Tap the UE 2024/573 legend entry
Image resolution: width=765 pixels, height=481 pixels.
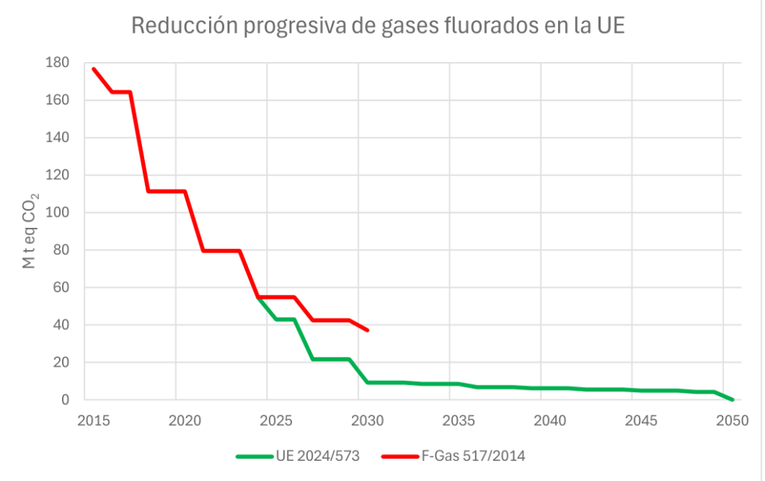coord(317,456)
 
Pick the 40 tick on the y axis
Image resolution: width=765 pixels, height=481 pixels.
coord(62,325)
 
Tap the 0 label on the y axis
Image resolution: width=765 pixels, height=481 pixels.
coord(66,400)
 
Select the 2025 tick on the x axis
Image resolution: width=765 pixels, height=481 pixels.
coord(267,421)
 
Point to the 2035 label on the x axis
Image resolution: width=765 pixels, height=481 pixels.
coord(450,421)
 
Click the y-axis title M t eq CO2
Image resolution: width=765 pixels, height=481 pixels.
coord(31,231)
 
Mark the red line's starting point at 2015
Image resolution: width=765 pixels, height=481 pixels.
coord(93,69)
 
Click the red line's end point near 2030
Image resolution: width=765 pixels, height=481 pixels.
coord(368,330)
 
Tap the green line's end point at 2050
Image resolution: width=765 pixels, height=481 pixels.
coord(732,400)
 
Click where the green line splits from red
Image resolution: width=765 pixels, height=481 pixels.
coord(258,297)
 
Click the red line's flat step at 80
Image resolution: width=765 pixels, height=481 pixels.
coord(221,250)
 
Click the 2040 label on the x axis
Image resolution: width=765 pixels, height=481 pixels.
coord(541,421)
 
